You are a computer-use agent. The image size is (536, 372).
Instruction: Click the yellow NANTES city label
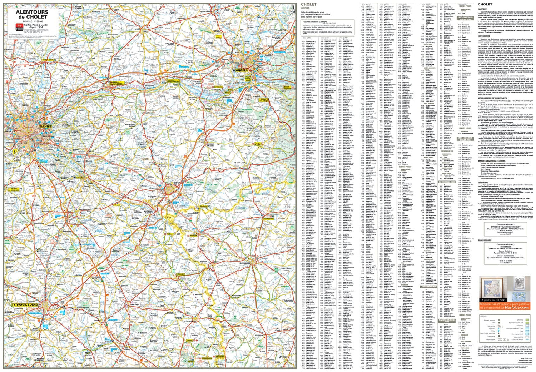(46, 126)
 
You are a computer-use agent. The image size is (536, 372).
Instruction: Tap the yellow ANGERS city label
(242, 70)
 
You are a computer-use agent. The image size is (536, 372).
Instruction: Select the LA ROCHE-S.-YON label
(25, 305)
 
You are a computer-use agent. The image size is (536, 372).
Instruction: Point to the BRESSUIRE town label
(245, 263)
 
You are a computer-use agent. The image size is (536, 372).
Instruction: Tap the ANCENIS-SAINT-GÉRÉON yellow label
(117, 83)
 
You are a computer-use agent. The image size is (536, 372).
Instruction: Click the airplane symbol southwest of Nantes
(15, 152)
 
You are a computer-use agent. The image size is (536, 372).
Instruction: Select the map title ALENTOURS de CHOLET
(32, 14)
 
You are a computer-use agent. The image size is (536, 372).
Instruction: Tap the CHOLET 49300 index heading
(308, 6)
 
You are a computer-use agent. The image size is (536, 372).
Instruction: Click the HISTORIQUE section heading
(484, 36)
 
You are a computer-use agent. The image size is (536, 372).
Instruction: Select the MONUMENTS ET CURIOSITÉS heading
(492, 98)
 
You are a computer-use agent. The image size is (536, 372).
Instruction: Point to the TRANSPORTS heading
(485, 240)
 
